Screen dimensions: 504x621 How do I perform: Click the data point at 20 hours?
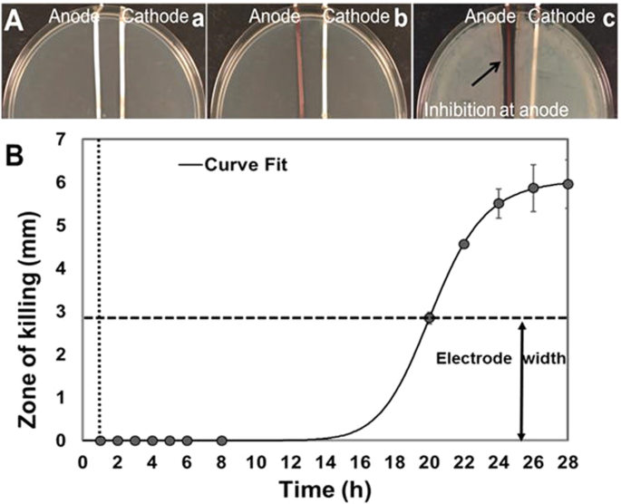point(430,318)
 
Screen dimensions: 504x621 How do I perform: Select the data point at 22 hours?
point(464,244)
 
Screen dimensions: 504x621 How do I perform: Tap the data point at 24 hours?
point(499,203)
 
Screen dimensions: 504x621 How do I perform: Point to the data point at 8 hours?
point(222,441)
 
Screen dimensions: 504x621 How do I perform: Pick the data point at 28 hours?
point(568,184)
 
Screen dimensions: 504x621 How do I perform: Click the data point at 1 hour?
point(101,441)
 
